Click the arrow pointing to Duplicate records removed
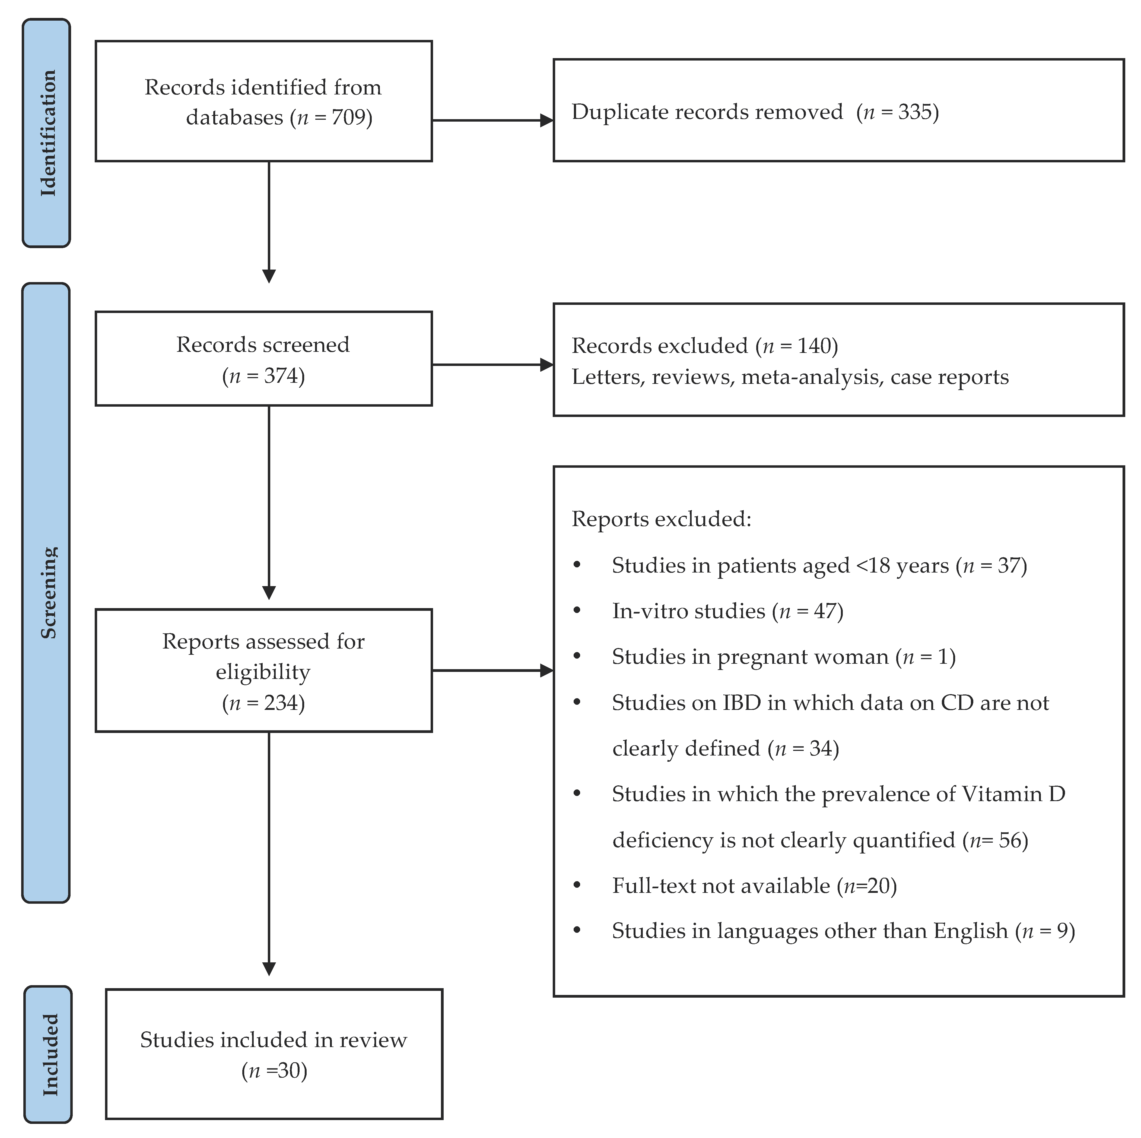click(546, 121)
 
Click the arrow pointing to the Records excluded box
click(546, 365)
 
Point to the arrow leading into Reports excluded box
click(546, 671)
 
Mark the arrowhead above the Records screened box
click(269, 276)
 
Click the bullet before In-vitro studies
click(577, 610)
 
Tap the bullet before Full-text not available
click(577, 885)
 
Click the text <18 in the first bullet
click(873, 565)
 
